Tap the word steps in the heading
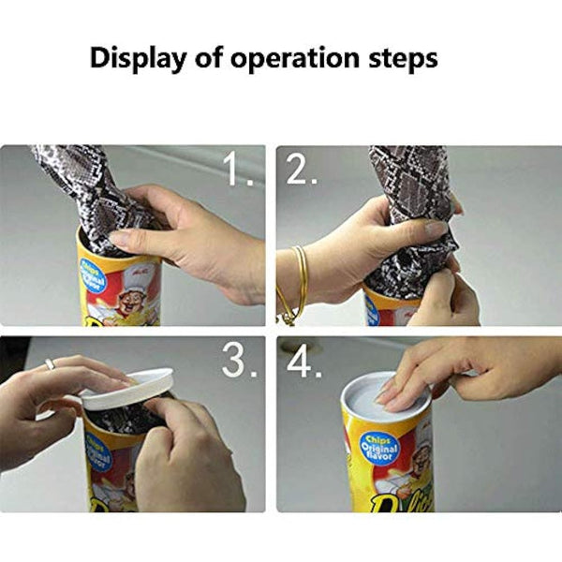[400, 60]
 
